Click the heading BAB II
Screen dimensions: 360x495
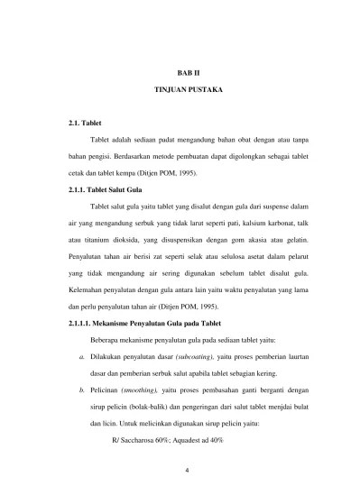[182, 70]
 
